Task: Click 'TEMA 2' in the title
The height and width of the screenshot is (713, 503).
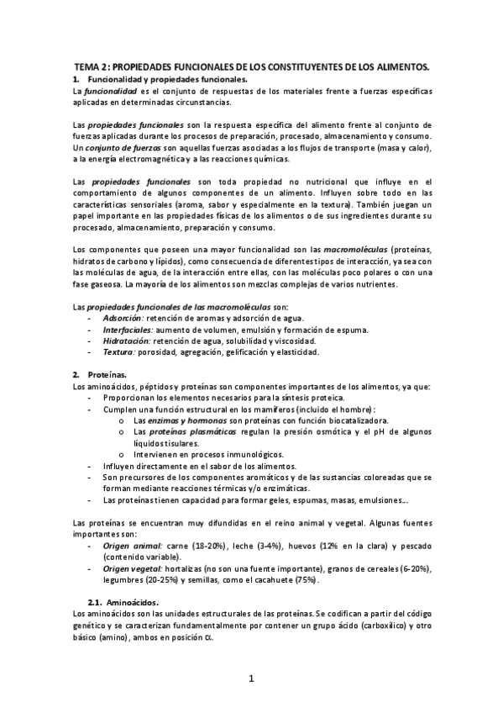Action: (x=92, y=65)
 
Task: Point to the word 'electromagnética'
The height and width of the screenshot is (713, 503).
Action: (x=168, y=159)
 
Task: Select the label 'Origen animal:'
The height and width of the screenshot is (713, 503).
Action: (x=132, y=546)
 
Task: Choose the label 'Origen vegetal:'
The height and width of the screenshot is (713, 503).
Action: (x=134, y=568)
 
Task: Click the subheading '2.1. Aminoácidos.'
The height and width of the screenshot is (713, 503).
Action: (x=128, y=602)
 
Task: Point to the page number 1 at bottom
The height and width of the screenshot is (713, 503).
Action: (x=251, y=678)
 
